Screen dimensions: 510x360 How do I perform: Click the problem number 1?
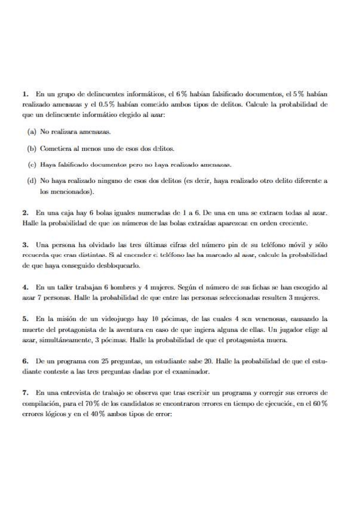(25, 94)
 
